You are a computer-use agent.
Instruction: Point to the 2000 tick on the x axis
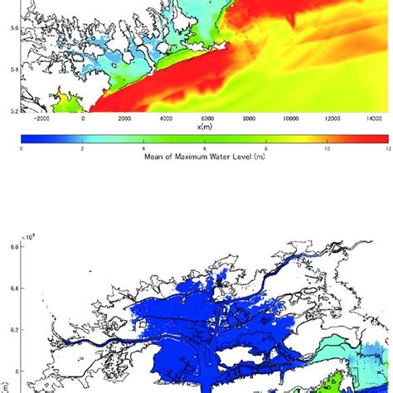point(124,119)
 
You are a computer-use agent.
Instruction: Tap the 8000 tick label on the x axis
point(249,119)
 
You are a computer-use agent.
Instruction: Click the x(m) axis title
point(205,127)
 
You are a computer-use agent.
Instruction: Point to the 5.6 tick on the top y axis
point(9,27)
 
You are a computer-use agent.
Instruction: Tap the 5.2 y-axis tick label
point(9,109)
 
